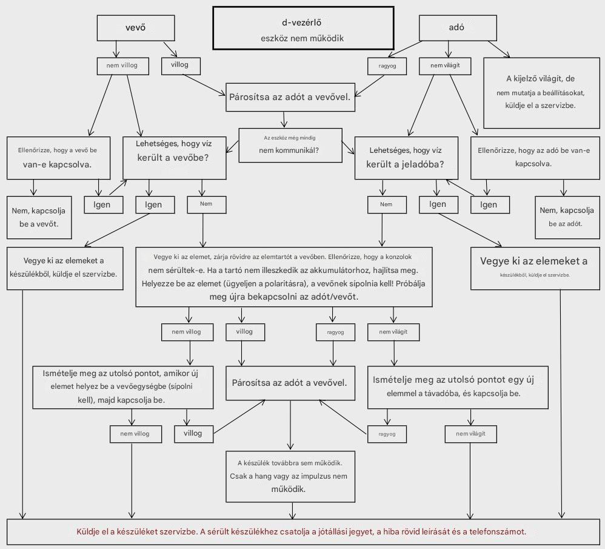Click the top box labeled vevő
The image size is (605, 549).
coord(136,28)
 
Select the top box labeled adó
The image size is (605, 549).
coord(458,28)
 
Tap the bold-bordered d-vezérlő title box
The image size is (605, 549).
coord(303,28)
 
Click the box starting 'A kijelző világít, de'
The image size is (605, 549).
coord(542,93)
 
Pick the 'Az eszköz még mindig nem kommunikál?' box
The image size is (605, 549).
coord(290,145)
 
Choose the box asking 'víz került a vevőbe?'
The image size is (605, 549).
coord(175,158)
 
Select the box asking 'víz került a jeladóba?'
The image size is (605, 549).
coord(406,158)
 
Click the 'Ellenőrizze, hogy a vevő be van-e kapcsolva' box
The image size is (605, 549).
coord(58,158)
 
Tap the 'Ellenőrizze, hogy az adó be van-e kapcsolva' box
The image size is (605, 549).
coord(535,158)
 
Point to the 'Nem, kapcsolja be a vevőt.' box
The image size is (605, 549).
coord(39,217)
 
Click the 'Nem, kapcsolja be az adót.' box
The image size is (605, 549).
coord(567,217)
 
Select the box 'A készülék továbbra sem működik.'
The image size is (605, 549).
coord(290,476)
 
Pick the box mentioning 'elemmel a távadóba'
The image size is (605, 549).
coord(458,387)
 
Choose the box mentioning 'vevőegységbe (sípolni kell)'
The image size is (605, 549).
coord(122,387)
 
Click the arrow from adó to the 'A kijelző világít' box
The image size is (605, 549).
coord(499,49)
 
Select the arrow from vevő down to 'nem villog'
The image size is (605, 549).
coord(116,49)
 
